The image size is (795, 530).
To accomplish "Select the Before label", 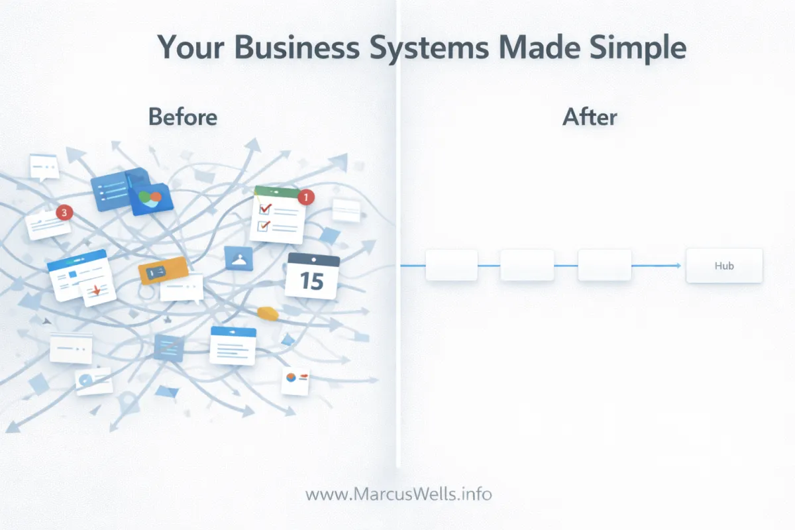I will (183, 117).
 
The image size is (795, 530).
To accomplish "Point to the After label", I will (590, 117).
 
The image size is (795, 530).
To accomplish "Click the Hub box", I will (724, 266).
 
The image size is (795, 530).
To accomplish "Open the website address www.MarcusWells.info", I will (399, 494).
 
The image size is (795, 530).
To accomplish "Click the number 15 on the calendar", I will (312, 281).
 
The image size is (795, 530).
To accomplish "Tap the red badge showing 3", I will (64, 213).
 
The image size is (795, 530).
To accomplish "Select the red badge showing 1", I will (305, 197).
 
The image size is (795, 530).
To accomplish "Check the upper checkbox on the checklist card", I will (264, 209).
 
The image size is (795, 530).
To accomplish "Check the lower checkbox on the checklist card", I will (262, 226).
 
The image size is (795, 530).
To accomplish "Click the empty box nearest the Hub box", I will (604, 265).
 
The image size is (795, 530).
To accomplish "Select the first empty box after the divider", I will (451, 265).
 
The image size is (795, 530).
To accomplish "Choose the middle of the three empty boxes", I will (527, 265).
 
